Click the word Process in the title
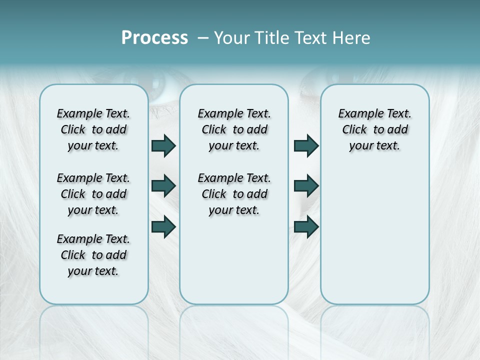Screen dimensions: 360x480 point(154,37)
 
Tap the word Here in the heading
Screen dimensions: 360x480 point(351,37)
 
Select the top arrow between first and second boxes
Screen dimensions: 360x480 point(163,145)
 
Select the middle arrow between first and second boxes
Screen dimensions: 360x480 point(163,186)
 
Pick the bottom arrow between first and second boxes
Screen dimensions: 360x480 point(163,226)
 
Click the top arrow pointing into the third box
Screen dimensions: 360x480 point(306,145)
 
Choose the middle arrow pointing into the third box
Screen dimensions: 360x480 point(306,186)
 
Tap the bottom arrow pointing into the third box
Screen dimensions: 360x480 point(306,226)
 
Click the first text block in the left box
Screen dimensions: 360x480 point(93,129)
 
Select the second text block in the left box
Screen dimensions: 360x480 point(93,194)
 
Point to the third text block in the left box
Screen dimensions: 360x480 point(93,255)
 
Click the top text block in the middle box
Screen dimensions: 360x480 point(234,129)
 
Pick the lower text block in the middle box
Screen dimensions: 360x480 point(234,194)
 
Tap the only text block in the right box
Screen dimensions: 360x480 point(374,129)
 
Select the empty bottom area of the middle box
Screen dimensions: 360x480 point(234,265)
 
